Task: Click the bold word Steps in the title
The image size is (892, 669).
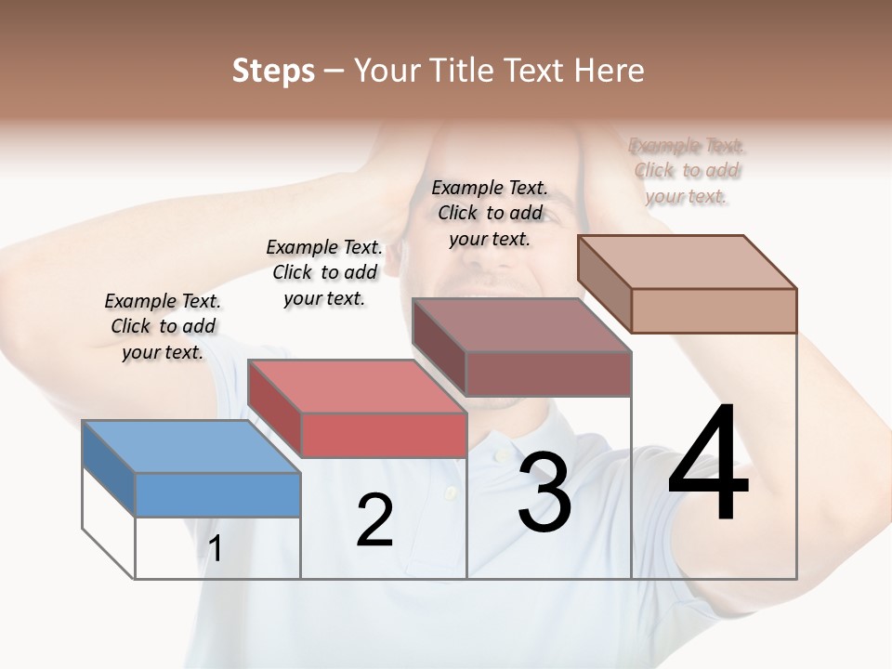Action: tap(273, 72)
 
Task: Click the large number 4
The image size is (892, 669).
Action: tap(708, 465)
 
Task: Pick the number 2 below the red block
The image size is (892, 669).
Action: tap(374, 520)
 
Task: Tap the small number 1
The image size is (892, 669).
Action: tap(216, 549)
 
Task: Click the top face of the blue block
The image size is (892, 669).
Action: tap(191, 446)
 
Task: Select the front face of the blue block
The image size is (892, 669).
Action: tap(217, 494)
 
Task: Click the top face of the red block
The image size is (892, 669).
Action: tap(357, 386)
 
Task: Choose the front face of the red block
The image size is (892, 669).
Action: tap(383, 435)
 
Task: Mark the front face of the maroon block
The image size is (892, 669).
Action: tap(548, 374)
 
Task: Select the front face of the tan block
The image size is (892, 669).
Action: tap(714, 310)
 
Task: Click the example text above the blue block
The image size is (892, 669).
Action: tap(163, 326)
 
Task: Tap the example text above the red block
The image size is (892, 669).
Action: tap(324, 272)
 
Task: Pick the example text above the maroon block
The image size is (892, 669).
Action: tap(490, 213)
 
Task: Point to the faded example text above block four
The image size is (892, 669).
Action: tap(687, 170)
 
